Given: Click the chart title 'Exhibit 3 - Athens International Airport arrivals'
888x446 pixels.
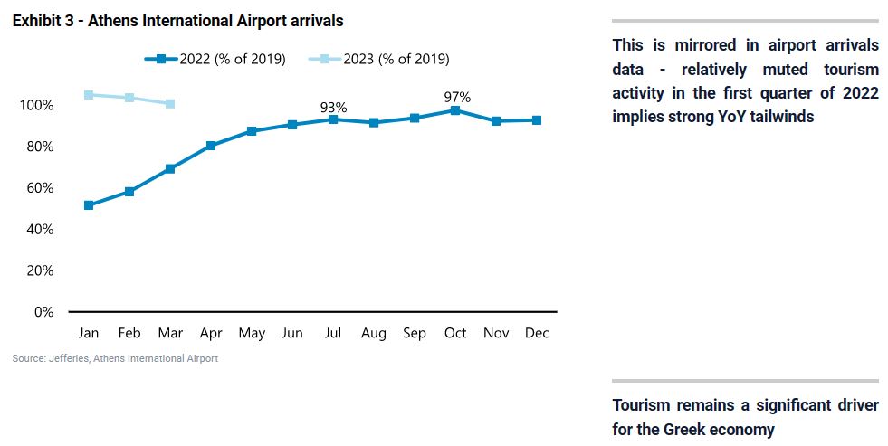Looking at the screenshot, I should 177,20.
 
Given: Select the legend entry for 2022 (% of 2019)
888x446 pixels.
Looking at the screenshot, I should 215,59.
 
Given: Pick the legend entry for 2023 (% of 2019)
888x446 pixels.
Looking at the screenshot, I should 379,59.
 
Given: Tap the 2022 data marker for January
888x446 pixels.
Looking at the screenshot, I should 89,205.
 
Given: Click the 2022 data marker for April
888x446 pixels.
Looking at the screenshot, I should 211,145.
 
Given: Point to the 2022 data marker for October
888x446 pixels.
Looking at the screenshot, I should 455,110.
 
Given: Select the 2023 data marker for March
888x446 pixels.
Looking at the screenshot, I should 170,104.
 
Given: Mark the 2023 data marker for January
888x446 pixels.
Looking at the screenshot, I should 89,95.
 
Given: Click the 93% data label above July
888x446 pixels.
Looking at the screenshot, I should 333,108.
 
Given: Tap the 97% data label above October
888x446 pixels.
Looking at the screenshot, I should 456,97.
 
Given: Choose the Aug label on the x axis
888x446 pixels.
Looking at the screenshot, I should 374,333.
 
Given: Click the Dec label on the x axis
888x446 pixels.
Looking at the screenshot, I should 537,333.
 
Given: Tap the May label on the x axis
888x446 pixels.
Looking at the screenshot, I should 252,333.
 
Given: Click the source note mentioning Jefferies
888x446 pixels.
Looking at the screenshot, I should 115,358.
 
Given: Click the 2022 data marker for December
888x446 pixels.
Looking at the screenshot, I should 537,119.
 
